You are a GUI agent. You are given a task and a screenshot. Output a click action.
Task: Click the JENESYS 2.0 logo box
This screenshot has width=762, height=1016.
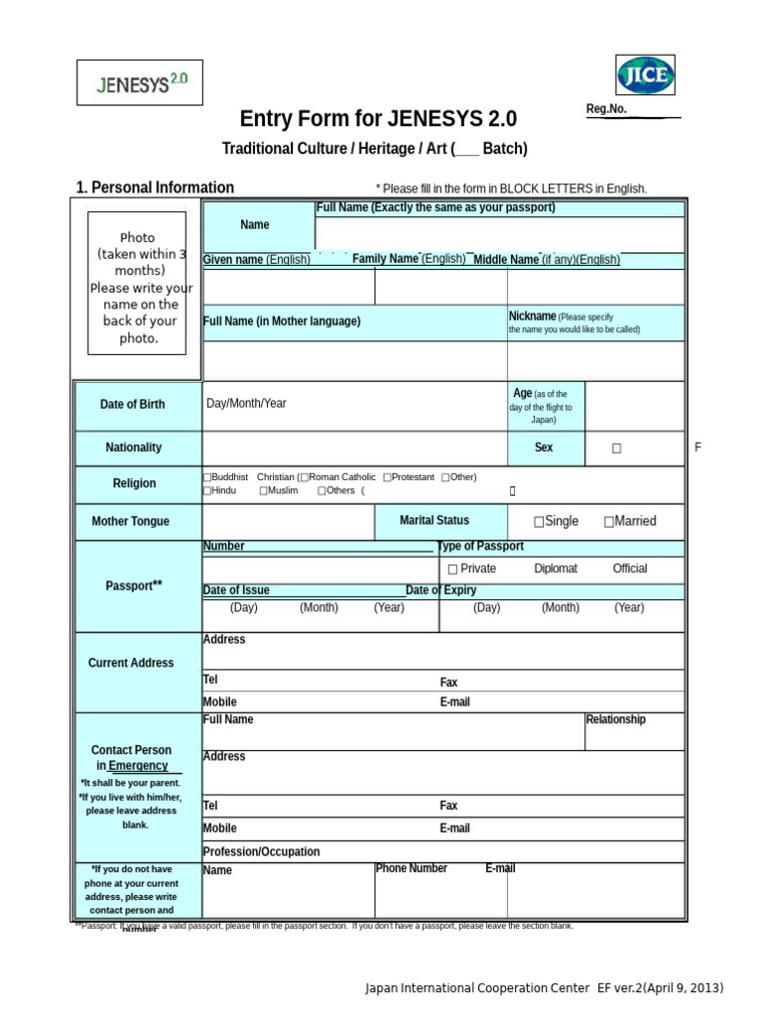coord(140,83)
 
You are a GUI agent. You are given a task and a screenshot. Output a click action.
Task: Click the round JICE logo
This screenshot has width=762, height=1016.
coord(646,75)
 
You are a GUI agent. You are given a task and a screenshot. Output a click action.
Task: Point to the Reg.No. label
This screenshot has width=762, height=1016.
coord(606,109)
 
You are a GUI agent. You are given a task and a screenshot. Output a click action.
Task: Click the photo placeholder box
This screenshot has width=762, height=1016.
coord(137,283)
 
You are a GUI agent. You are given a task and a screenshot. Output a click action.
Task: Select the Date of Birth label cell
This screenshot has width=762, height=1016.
coord(133,405)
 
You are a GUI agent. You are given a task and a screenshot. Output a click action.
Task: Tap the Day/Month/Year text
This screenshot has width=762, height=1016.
coord(246,404)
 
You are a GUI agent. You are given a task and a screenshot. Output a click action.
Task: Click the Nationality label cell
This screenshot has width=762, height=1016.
coord(133,447)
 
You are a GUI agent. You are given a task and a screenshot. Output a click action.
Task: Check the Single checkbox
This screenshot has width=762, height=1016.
coord(539,522)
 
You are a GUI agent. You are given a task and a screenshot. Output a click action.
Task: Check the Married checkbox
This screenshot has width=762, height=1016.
coord(608,522)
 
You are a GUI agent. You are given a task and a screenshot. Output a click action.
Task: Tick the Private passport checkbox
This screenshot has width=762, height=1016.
coord(452,570)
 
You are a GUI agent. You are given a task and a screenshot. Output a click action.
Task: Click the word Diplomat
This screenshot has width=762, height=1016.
coord(556,569)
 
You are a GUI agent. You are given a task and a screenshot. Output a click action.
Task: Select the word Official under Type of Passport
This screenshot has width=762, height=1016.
coord(630,569)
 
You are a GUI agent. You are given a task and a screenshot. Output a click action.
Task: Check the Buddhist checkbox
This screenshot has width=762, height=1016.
coord(207,477)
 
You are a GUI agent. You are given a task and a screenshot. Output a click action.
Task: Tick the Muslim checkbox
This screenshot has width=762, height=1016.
coord(264,490)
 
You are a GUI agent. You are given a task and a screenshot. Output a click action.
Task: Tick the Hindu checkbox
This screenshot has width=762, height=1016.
coord(207,490)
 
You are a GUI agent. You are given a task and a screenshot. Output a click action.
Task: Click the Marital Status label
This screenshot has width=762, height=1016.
coord(435,520)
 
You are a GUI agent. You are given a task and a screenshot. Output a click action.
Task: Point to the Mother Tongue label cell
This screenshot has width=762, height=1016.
coord(131,521)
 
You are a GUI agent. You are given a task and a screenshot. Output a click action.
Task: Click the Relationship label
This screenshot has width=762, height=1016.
coord(615,719)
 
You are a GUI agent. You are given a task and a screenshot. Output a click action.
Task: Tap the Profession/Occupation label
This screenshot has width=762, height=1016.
coord(261,851)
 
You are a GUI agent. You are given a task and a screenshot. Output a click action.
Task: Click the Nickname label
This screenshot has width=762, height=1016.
coord(532,316)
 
